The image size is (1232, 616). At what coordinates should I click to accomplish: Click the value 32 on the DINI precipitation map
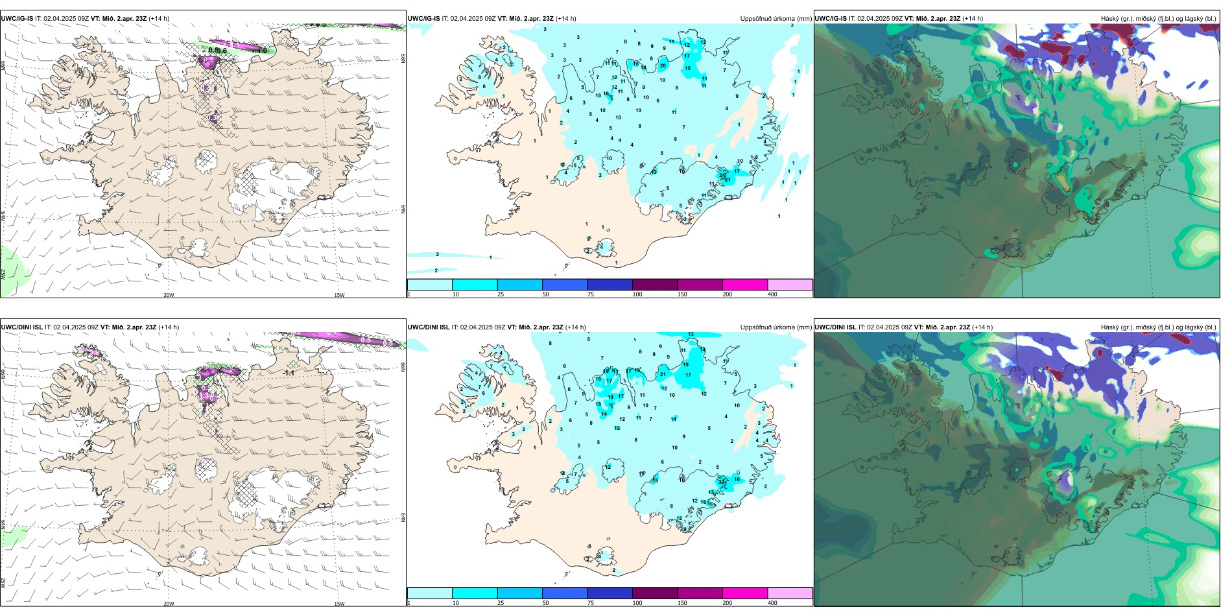coord(722,482)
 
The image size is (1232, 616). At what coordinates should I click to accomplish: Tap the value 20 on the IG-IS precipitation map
coord(663,65)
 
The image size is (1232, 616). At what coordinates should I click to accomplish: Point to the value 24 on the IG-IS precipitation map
coord(723,175)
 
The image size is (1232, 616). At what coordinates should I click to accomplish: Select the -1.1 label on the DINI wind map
coord(289,373)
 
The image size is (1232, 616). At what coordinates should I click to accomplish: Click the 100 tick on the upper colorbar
coord(637,294)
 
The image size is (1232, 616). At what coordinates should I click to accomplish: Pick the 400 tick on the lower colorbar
coord(772,603)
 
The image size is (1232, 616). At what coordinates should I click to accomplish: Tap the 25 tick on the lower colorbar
coord(501,603)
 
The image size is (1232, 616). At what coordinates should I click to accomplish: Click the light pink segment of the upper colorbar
coord(790,285)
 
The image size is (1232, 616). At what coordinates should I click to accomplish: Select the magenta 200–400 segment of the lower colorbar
coord(745,593)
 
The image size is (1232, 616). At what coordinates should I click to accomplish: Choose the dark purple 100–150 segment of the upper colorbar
coord(655,285)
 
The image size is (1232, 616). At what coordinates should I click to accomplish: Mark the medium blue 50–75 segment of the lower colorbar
coord(565,593)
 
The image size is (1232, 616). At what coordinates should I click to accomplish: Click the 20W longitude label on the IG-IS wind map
coord(169,295)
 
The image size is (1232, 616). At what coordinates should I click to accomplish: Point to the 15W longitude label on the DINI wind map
coord(339,604)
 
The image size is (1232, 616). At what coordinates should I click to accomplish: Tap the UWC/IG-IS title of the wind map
coord(17,19)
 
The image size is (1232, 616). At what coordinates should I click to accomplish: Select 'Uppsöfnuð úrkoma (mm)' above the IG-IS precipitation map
coord(776,19)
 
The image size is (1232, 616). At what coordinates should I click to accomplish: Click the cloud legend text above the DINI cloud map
coord(1158,327)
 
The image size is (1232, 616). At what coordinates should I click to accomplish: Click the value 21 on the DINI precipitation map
coord(663,374)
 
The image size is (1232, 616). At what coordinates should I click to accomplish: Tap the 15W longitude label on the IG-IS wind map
coord(339,295)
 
